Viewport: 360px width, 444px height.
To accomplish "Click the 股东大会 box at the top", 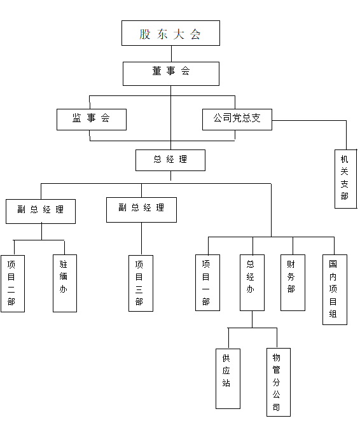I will point(170,33).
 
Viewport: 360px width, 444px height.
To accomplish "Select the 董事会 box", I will point(170,73).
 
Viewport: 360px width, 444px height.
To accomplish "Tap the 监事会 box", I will point(91,119).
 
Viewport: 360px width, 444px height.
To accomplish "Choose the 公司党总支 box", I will point(237,119).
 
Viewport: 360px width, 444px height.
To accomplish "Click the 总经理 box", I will point(170,160).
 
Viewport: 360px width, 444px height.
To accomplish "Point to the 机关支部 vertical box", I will point(345,178).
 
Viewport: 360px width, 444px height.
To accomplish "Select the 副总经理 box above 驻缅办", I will point(41,211).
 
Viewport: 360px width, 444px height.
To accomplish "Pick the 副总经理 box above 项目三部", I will point(141,209).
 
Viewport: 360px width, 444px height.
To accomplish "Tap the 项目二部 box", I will point(12,283).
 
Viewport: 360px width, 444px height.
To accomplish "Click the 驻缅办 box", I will point(64,283).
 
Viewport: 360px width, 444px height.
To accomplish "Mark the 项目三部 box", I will point(140,283).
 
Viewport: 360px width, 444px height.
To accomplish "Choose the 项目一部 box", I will point(207,282).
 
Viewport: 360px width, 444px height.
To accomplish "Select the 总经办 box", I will point(252,282).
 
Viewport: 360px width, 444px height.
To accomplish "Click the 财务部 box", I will point(293,282).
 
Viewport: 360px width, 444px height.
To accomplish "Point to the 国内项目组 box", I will point(335,289).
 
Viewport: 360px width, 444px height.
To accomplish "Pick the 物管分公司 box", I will point(278,382).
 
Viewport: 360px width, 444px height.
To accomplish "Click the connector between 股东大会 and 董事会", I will point(170,53).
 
